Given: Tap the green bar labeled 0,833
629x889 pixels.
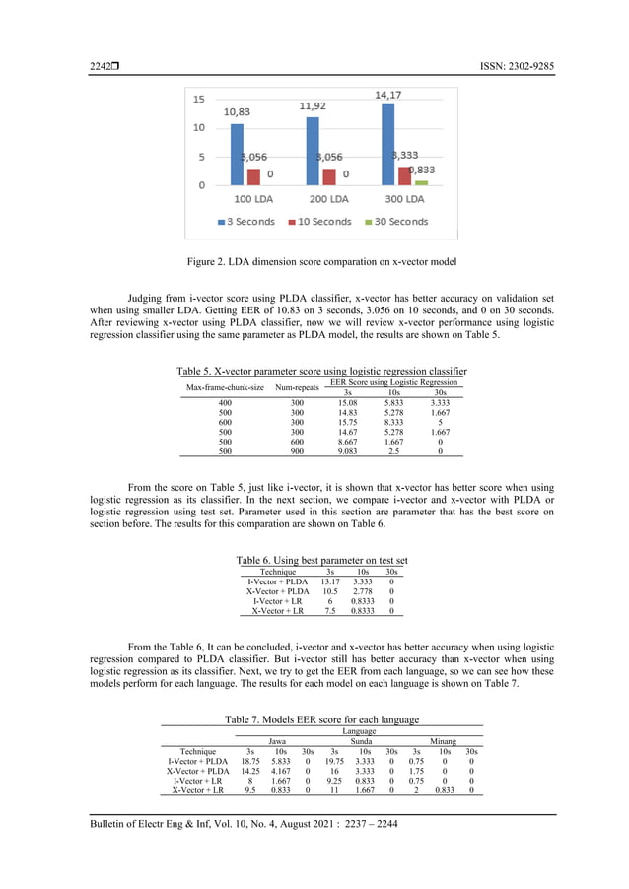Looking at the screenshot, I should coord(421,182).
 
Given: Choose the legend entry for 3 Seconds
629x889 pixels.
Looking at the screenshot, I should coord(245,222).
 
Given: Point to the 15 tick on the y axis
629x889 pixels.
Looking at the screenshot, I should coord(198,100).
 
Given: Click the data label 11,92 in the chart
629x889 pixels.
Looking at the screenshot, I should coord(314,105).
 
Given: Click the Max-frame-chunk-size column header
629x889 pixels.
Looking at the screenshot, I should coord(226,387).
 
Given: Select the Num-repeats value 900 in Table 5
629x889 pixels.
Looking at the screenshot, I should coord(297,452).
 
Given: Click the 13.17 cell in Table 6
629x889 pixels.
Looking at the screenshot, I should coord(332,581).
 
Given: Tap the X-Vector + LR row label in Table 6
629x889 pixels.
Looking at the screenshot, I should coord(277,611).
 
